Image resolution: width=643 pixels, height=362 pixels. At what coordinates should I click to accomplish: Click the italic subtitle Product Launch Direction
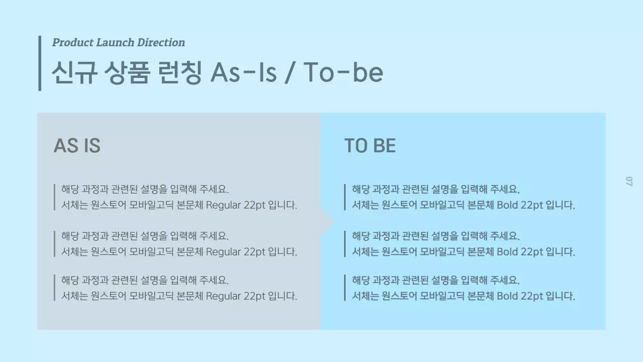pos(119,43)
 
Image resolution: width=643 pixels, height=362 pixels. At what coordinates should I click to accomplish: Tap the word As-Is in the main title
pos(244,72)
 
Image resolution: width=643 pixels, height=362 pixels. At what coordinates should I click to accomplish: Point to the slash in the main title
pos(289,73)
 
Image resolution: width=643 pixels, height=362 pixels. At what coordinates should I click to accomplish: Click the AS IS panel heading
pos(77,146)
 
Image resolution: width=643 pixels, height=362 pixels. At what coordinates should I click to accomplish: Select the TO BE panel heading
pos(370,146)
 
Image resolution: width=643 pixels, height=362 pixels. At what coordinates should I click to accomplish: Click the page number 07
pos(628,181)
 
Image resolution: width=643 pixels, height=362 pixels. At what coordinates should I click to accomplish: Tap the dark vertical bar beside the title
pos(40,63)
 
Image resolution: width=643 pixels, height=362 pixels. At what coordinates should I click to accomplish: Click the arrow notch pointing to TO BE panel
pos(328,221)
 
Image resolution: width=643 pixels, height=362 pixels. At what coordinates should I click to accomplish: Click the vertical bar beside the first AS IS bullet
pos(54,197)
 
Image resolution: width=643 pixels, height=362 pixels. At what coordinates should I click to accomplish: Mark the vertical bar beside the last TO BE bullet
pos(345,288)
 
